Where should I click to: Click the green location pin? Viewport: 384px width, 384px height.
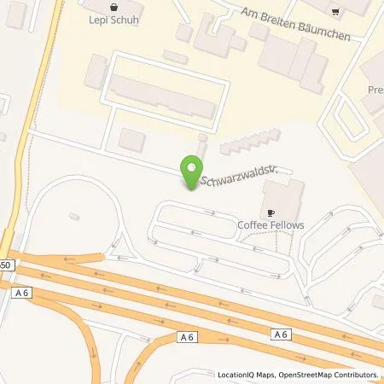[193, 171]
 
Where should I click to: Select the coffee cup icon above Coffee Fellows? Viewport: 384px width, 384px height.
[271, 211]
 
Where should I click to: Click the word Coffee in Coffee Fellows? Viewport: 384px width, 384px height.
[253, 225]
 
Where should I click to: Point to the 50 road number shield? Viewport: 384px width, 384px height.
[6, 265]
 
